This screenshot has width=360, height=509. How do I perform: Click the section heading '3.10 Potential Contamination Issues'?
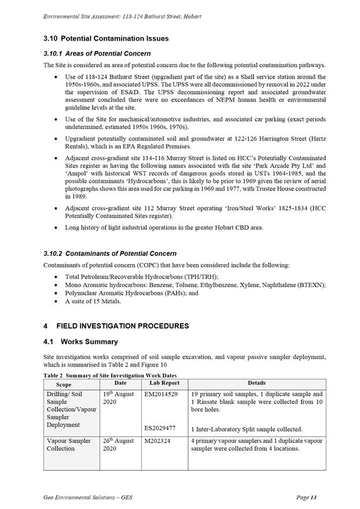click(x=106, y=39)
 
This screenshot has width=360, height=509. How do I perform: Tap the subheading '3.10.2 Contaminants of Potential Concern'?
click(x=110, y=254)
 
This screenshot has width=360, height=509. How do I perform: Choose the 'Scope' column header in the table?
click(x=64, y=385)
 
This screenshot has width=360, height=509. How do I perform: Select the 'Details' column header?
click(x=256, y=383)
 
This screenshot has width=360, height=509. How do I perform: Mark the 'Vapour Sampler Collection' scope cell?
click(x=69, y=445)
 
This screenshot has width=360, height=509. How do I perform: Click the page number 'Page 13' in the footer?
click(x=306, y=497)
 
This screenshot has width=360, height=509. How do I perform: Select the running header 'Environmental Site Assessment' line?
click(x=122, y=16)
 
